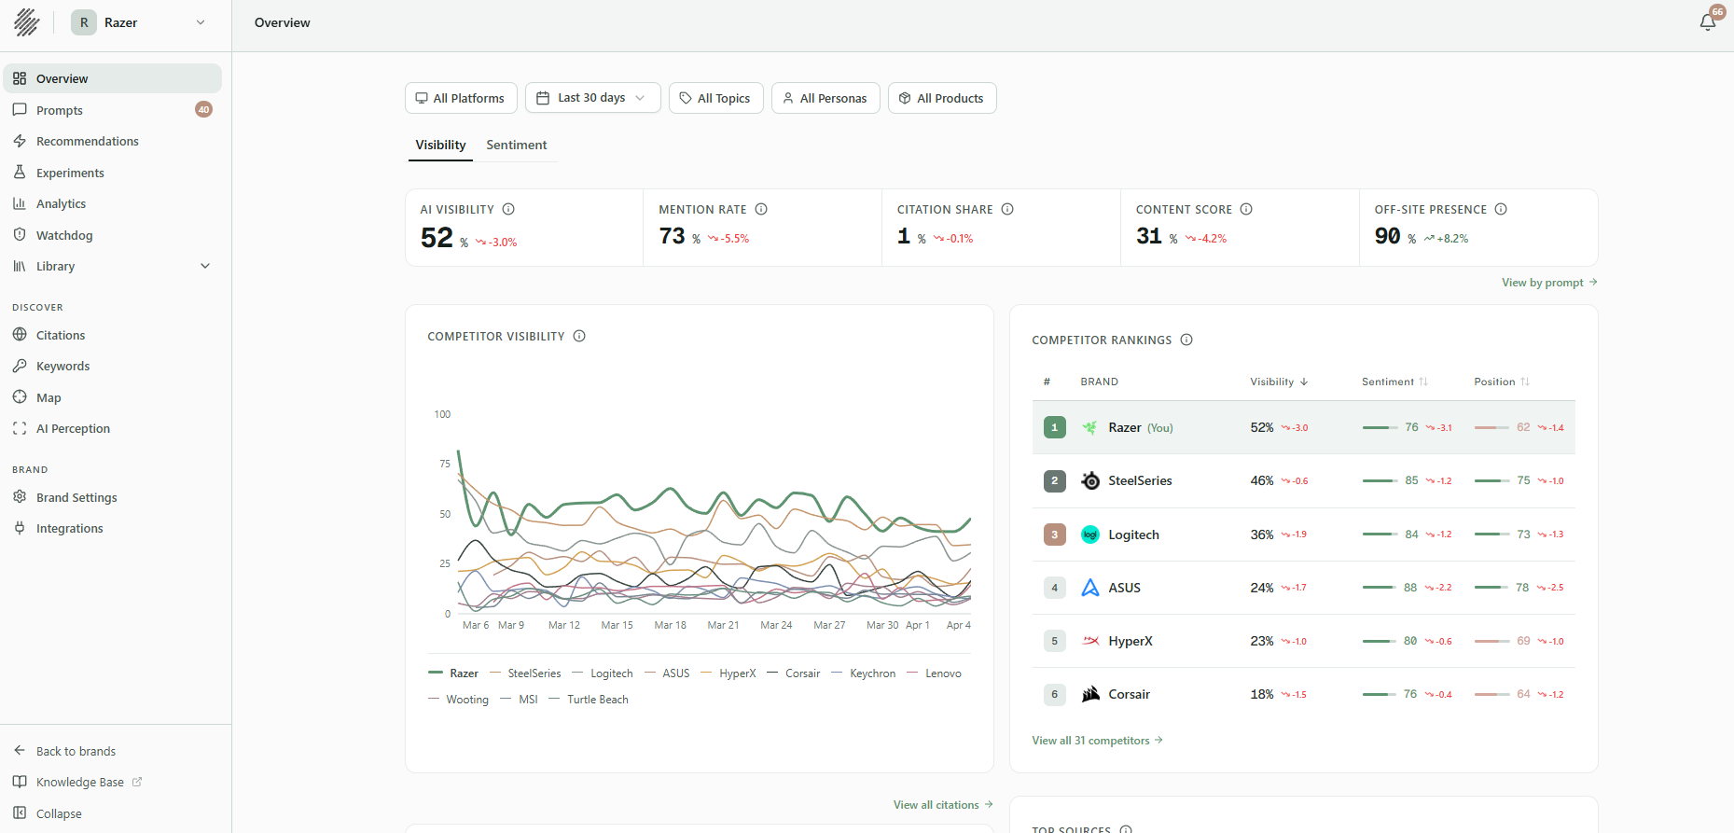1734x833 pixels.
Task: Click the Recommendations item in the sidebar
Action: pos(87,141)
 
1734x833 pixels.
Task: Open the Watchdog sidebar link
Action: pos(64,235)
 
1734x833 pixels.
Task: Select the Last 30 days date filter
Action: pos(592,98)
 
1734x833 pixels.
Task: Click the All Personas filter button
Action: pos(825,98)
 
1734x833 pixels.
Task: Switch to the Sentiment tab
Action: pos(516,145)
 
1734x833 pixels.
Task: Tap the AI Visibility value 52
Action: pos(437,238)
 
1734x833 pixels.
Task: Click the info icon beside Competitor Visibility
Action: pos(579,336)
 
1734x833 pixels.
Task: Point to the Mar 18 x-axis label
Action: pos(670,625)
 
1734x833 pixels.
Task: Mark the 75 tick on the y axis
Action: pos(445,464)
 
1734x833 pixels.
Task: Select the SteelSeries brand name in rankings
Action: pos(1140,480)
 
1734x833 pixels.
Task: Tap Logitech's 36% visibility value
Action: pos(1262,535)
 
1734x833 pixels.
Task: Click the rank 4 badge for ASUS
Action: pos(1055,588)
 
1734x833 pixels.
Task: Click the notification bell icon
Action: pos(1708,22)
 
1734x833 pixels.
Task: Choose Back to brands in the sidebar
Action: pos(76,751)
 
